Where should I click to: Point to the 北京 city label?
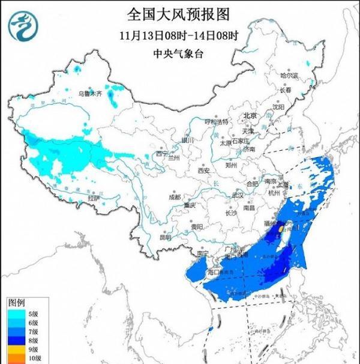(x=250, y=115)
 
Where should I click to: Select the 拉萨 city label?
(x=93, y=198)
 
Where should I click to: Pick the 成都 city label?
(x=174, y=196)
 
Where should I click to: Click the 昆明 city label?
(x=166, y=237)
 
